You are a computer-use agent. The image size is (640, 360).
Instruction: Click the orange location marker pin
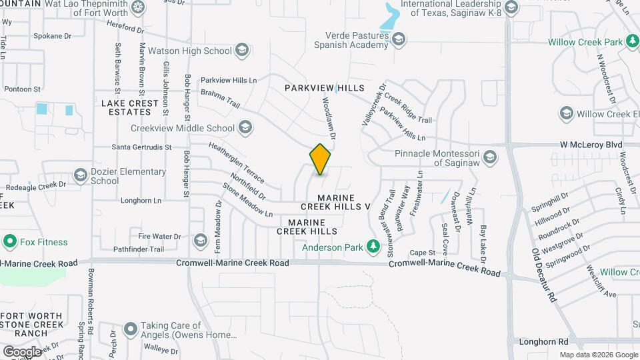(321, 159)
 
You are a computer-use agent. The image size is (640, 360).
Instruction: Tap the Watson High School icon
(242, 50)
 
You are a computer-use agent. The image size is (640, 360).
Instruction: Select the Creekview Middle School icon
(245, 127)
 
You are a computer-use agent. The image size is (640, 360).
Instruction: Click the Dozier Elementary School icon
(81, 175)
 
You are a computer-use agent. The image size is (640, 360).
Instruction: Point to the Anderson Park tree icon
(373, 247)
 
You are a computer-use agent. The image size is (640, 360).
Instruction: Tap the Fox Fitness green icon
(9, 241)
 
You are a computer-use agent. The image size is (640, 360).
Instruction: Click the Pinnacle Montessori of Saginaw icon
(490, 157)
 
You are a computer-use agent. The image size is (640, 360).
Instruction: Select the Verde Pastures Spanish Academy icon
(399, 40)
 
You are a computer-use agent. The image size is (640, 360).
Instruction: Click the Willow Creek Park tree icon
(632, 42)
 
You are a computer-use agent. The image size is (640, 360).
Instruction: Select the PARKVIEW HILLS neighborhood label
(325, 88)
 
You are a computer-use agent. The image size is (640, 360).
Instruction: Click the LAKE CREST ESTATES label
(130, 107)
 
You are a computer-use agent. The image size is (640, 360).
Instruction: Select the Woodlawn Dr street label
(329, 118)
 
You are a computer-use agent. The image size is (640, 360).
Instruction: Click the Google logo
(21, 351)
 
